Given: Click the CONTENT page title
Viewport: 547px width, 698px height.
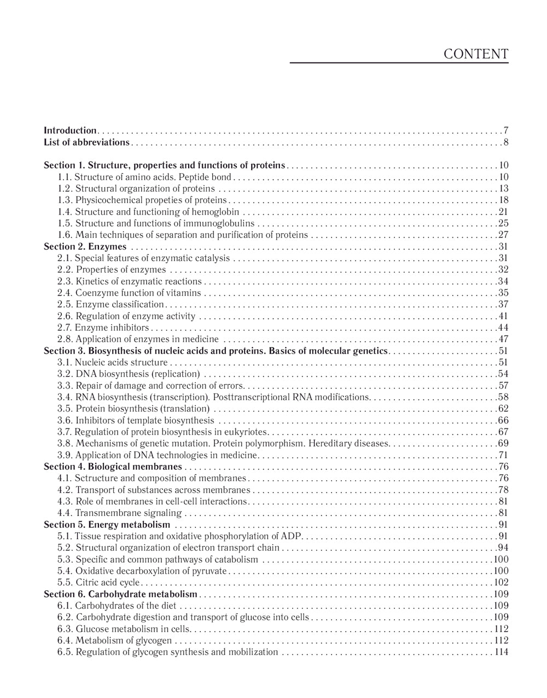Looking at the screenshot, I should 476,54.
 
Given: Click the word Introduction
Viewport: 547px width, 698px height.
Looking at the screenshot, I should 70,131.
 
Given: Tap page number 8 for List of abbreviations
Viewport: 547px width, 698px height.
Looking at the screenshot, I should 506,143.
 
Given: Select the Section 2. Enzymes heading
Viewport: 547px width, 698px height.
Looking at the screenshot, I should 85,247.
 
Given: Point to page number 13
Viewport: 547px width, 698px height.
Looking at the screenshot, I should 503,189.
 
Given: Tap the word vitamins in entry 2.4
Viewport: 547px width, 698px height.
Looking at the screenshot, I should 184,293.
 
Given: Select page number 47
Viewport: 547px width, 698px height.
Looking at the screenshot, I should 503,339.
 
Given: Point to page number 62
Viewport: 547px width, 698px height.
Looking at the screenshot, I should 503,409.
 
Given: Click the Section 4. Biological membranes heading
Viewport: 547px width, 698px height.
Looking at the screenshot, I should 113,467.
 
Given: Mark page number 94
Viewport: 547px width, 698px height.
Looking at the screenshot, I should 503,548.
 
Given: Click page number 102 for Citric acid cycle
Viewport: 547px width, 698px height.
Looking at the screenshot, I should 501,582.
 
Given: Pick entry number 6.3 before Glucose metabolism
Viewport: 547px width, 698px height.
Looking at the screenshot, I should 65,629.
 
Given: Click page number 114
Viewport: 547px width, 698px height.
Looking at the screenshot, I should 501,652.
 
